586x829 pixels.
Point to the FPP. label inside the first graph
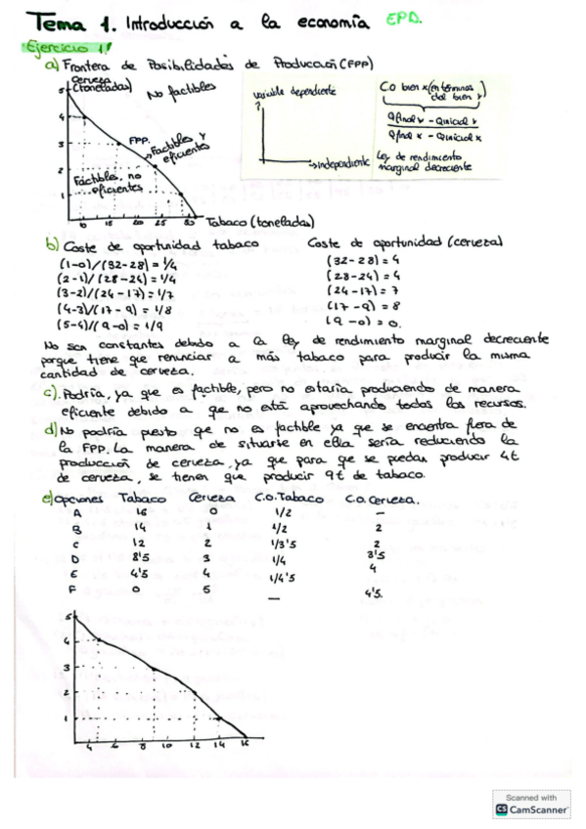[139, 140]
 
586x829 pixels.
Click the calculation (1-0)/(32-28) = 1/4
[107, 263]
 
